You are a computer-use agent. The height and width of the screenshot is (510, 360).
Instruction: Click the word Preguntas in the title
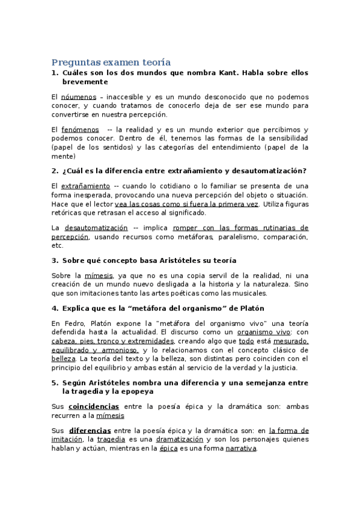pyautogui.click(x=72, y=63)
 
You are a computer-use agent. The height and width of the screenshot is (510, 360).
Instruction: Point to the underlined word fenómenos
pyautogui.click(x=81, y=130)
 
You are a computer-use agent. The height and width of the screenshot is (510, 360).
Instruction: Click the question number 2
pyautogui.click(x=55, y=171)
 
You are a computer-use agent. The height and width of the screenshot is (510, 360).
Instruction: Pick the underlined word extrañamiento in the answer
pyautogui.click(x=85, y=186)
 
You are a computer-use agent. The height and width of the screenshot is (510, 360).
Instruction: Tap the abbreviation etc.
pyautogui.click(x=58, y=245)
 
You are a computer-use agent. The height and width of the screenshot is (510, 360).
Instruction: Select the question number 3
pyautogui.click(x=55, y=260)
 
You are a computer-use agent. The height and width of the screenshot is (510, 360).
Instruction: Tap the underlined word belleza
pyautogui.click(x=64, y=359)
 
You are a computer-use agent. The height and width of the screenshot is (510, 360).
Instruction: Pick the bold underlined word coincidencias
pyautogui.click(x=93, y=407)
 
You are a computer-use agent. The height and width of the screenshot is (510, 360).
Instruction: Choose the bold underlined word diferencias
pyautogui.click(x=90, y=431)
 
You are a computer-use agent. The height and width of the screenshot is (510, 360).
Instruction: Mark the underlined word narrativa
pyautogui.click(x=240, y=448)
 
